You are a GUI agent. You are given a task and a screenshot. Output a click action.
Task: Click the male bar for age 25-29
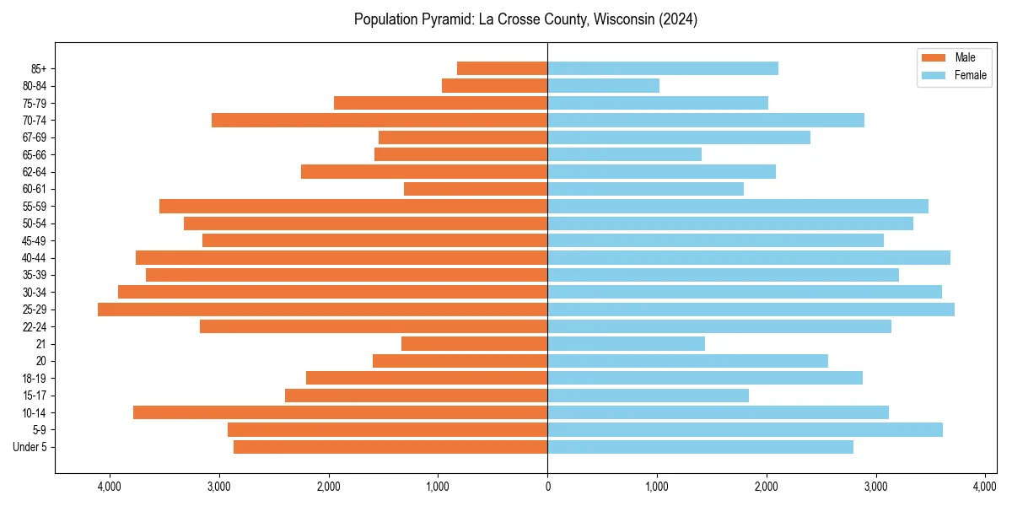(322, 310)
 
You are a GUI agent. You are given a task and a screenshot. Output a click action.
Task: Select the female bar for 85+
(662, 68)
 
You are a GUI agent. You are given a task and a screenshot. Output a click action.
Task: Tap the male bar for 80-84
(494, 85)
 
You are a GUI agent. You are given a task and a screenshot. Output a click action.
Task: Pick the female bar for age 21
(626, 343)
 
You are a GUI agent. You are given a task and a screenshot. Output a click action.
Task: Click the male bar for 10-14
(340, 412)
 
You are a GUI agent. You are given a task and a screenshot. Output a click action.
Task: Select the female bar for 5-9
(745, 429)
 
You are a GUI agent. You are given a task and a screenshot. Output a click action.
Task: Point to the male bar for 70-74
(379, 120)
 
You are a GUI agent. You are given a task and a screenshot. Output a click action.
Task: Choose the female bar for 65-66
(624, 154)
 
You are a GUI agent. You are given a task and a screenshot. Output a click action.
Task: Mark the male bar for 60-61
(476, 189)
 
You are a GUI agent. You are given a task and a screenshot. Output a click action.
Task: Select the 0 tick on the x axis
(547, 486)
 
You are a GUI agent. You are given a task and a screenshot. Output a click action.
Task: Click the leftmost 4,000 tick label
(109, 486)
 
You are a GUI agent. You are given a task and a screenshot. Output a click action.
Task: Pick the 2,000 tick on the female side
(766, 486)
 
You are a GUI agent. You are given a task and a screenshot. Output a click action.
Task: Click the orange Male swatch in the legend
(934, 57)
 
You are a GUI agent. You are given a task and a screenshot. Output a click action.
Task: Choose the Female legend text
(970, 75)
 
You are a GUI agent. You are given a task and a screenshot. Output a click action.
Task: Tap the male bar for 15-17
(416, 395)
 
